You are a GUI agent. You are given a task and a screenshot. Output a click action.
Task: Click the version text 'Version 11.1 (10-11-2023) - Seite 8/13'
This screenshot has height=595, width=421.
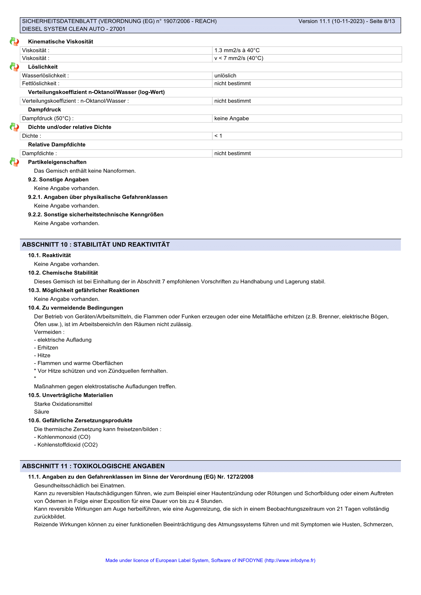click(x=346, y=21)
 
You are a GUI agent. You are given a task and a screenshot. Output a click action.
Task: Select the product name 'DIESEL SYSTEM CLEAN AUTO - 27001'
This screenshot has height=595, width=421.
click(x=74, y=29)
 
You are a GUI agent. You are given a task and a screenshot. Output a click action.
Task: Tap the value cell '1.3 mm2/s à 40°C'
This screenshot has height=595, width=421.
click(x=237, y=50)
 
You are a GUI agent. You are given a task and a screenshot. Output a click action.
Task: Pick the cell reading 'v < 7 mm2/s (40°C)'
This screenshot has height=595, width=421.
click(x=238, y=58)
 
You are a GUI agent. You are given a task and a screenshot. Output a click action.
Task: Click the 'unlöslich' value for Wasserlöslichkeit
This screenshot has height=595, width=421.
click(x=225, y=76)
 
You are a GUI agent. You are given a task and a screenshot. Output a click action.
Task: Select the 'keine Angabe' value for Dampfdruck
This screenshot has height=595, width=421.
click(x=231, y=119)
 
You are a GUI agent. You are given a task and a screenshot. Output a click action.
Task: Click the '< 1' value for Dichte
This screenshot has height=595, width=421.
click(x=218, y=136)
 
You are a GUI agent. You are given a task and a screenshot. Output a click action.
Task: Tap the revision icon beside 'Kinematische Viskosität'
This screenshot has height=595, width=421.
click(x=14, y=41)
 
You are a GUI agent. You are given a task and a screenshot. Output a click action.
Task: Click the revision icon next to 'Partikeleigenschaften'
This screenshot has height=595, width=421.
click(x=14, y=162)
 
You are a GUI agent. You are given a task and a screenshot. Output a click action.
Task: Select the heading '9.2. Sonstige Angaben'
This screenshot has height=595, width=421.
click(x=58, y=180)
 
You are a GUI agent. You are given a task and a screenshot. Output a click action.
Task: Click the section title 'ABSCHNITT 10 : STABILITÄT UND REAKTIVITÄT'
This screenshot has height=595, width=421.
click(x=96, y=245)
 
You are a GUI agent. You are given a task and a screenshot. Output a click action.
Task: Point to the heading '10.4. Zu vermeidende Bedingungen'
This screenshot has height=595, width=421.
click(x=76, y=308)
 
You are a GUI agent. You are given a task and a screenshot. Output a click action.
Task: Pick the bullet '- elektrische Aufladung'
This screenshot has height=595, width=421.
click(x=63, y=340)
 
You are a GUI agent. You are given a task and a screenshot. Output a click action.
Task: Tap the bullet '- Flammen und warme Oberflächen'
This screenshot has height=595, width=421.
click(x=78, y=363)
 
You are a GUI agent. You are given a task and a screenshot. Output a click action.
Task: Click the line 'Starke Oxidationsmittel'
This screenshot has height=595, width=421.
click(x=63, y=404)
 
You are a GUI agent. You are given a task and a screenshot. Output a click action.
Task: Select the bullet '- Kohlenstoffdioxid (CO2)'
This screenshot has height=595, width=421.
click(x=66, y=445)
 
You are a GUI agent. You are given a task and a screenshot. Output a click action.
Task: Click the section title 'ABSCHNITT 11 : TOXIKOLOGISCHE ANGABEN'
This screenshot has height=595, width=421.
click(x=93, y=466)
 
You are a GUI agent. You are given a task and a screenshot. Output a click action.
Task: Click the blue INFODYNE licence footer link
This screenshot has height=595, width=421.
click(x=210, y=560)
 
